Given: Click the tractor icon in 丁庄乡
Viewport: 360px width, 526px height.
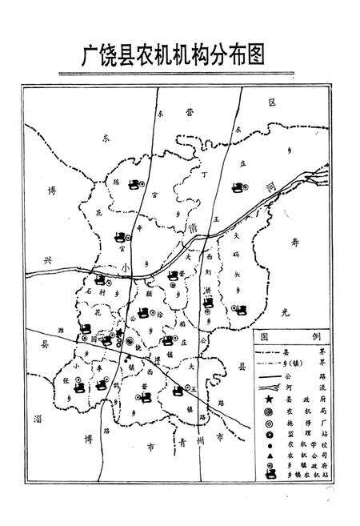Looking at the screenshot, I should (237, 189).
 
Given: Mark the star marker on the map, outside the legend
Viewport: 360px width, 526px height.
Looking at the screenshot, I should (119, 332).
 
